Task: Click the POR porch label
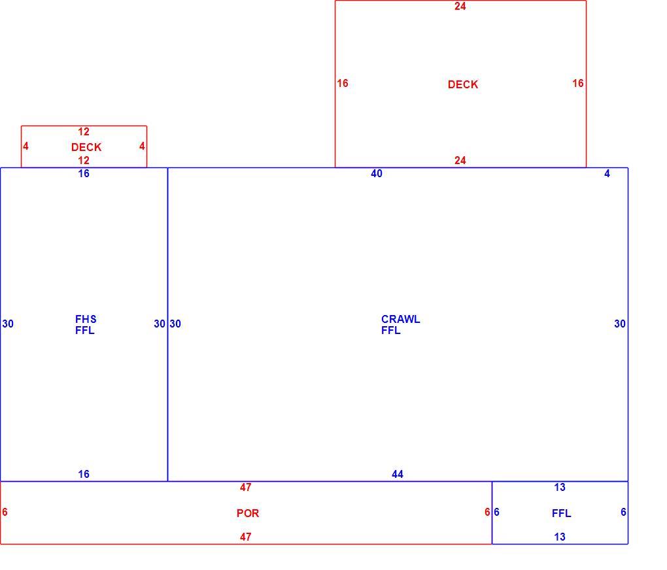248,513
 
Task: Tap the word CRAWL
400,319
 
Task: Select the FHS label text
86,319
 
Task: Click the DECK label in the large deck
463,84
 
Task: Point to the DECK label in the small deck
86,147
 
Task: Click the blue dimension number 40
377,174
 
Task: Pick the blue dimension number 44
398,475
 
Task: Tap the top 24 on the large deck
460,7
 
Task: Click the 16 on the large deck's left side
343,84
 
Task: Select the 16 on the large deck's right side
577,84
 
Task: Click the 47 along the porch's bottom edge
245,537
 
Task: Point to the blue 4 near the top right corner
607,174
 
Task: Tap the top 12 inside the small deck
84,132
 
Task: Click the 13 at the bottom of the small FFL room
560,537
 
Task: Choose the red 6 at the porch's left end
5,512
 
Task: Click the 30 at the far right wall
620,324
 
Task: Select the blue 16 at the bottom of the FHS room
84,475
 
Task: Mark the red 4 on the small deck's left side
26,146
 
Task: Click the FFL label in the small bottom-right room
562,513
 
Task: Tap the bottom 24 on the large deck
460,161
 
